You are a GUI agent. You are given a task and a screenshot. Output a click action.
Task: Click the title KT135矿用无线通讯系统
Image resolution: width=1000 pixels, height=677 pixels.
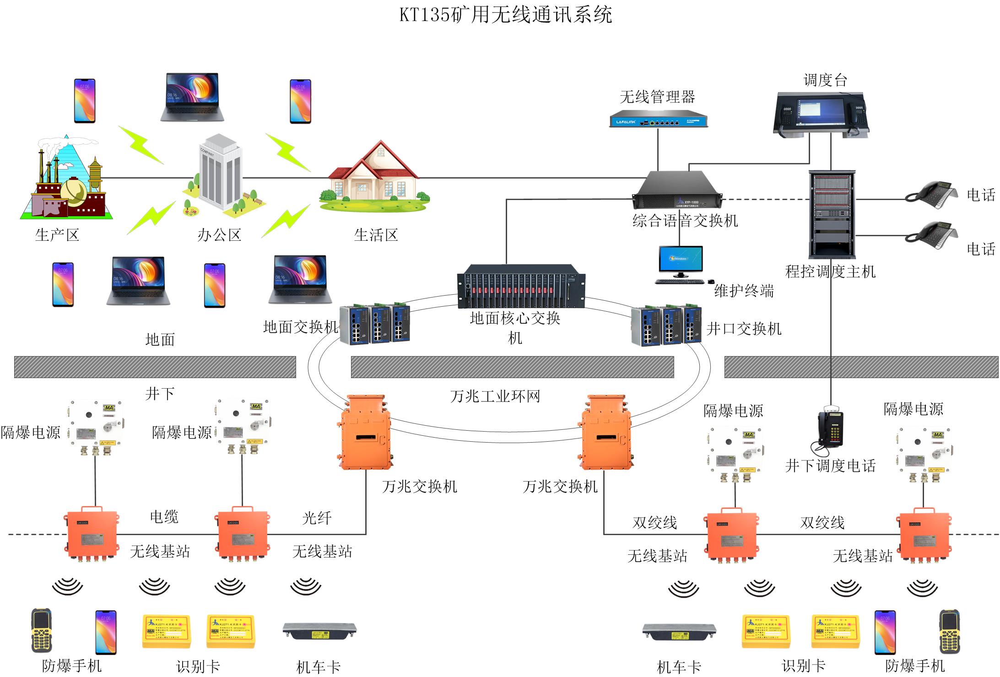coord(505,15)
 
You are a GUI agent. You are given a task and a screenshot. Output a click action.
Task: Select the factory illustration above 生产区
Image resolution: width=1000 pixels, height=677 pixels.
coord(66,179)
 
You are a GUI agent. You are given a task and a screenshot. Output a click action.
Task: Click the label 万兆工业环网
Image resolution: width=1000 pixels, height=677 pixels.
coord(495,396)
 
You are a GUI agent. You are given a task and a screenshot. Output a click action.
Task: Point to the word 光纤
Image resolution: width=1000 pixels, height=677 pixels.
coord(317,518)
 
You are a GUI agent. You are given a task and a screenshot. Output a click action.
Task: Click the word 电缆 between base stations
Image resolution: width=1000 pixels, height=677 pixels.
coord(164,517)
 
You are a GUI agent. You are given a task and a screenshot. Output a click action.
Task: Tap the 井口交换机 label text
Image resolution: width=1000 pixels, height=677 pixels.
coord(744,329)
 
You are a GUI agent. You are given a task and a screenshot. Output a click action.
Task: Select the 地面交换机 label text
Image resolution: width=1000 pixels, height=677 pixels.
coord(301,327)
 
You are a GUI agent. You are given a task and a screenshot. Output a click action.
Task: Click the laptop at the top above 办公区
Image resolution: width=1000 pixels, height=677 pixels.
coord(192,97)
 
